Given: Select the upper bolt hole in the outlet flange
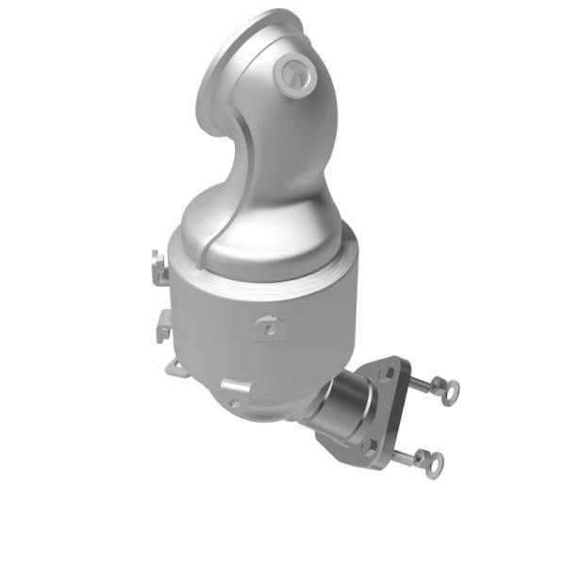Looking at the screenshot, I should pos(386,374).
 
